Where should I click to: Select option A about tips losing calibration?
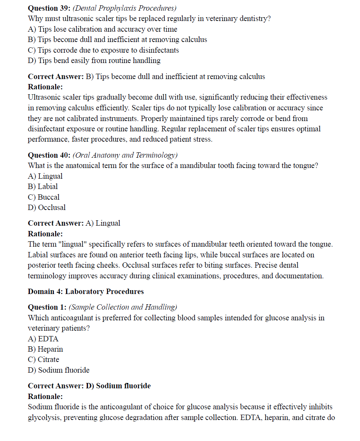[102, 29]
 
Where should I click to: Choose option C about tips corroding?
[103, 50]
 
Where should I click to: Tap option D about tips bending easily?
[94, 60]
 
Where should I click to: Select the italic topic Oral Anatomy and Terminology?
[125, 155]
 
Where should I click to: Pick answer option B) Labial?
[43, 186]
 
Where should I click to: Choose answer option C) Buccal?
[44, 197]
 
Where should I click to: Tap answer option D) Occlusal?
[47, 207]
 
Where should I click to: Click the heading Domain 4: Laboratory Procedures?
[86, 291]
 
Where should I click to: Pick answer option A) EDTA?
[43, 339]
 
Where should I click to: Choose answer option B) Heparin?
[45, 349]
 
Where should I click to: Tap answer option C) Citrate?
[44, 359]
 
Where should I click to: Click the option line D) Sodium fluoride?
[58, 370]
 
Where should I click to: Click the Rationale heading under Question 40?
[45, 233]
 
